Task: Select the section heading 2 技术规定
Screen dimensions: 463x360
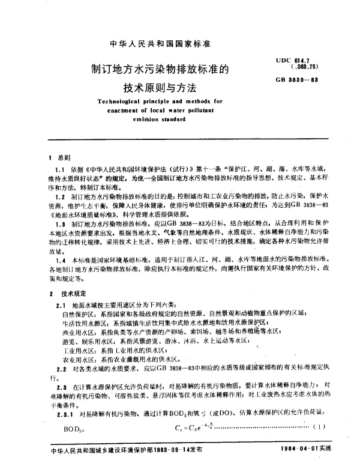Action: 65,295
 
